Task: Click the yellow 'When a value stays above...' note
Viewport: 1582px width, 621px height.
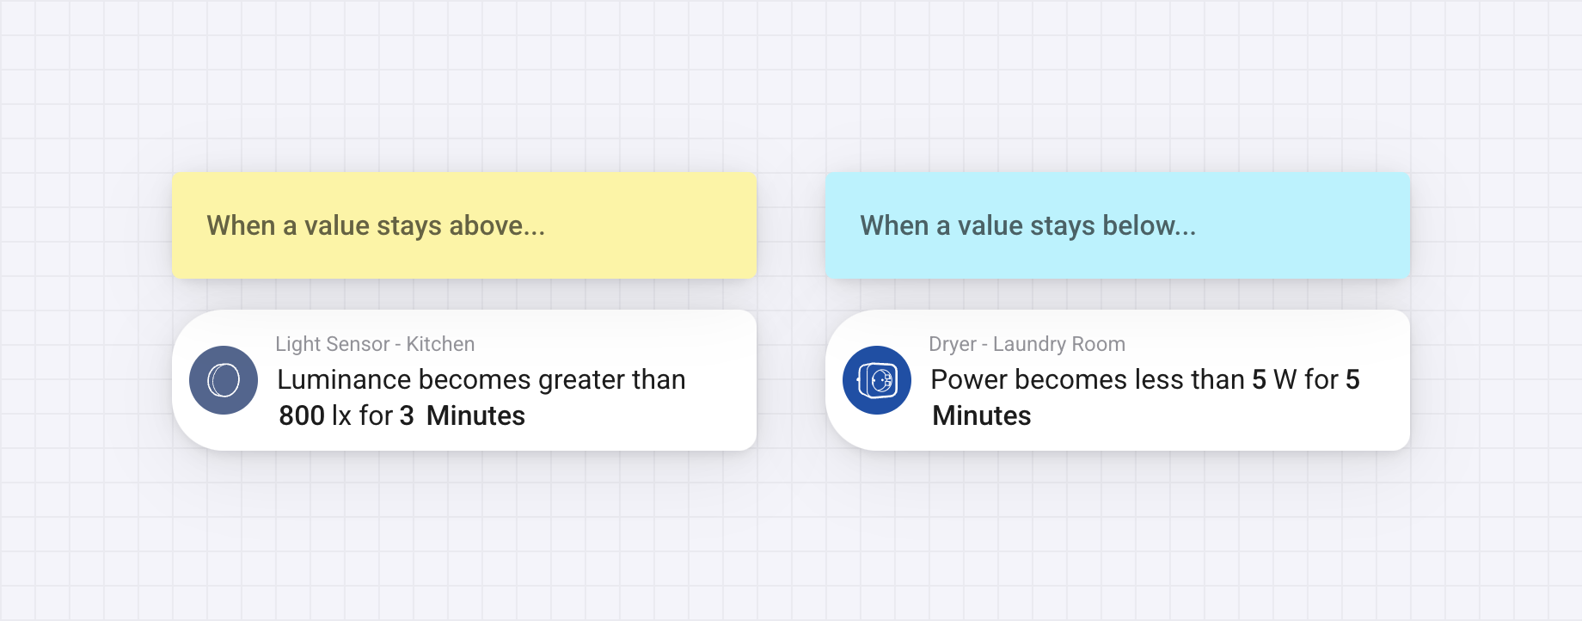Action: [464, 225]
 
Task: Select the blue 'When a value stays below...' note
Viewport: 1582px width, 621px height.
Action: [1118, 225]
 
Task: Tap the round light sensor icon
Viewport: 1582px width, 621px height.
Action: [224, 380]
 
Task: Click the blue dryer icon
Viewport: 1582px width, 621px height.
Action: [877, 380]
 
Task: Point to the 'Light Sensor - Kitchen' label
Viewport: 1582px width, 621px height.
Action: [375, 344]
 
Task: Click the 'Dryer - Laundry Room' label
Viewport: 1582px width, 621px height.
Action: [1027, 344]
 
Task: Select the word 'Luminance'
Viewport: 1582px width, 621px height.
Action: [344, 379]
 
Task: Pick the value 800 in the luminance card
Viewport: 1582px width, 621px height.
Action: [302, 415]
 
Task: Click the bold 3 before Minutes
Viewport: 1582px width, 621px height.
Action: [407, 415]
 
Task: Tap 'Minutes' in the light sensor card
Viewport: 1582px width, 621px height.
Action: [475, 415]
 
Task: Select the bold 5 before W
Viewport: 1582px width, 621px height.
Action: [1259, 379]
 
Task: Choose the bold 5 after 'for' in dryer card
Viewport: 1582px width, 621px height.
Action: [1352, 379]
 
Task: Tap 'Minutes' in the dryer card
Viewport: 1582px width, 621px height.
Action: [982, 415]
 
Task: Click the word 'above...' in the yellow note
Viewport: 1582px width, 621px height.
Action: [497, 225]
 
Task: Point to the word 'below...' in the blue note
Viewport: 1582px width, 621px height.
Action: [1149, 225]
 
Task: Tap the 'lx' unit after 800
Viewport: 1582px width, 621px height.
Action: [341, 415]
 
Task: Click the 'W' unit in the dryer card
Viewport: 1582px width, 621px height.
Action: [1285, 379]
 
